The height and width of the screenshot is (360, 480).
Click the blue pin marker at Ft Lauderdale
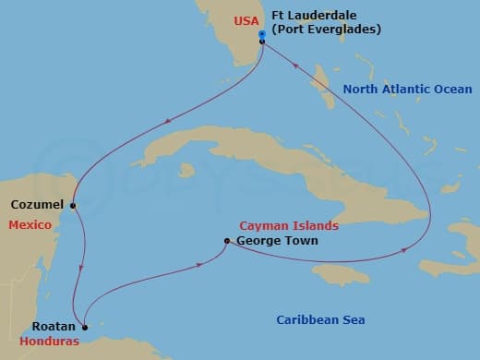coord(263,34)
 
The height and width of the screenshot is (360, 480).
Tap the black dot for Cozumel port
coord(72,205)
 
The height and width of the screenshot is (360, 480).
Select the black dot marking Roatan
coord(85,326)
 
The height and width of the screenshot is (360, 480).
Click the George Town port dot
coord(227,242)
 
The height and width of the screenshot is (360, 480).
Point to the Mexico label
coord(30,225)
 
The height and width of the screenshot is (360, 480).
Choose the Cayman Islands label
coord(288,225)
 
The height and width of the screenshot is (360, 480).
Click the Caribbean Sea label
coord(321,320)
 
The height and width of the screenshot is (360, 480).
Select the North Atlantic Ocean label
coord(407,90)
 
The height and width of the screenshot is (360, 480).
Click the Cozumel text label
coord(38,204)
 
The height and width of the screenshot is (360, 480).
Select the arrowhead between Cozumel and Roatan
coord(83,268)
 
